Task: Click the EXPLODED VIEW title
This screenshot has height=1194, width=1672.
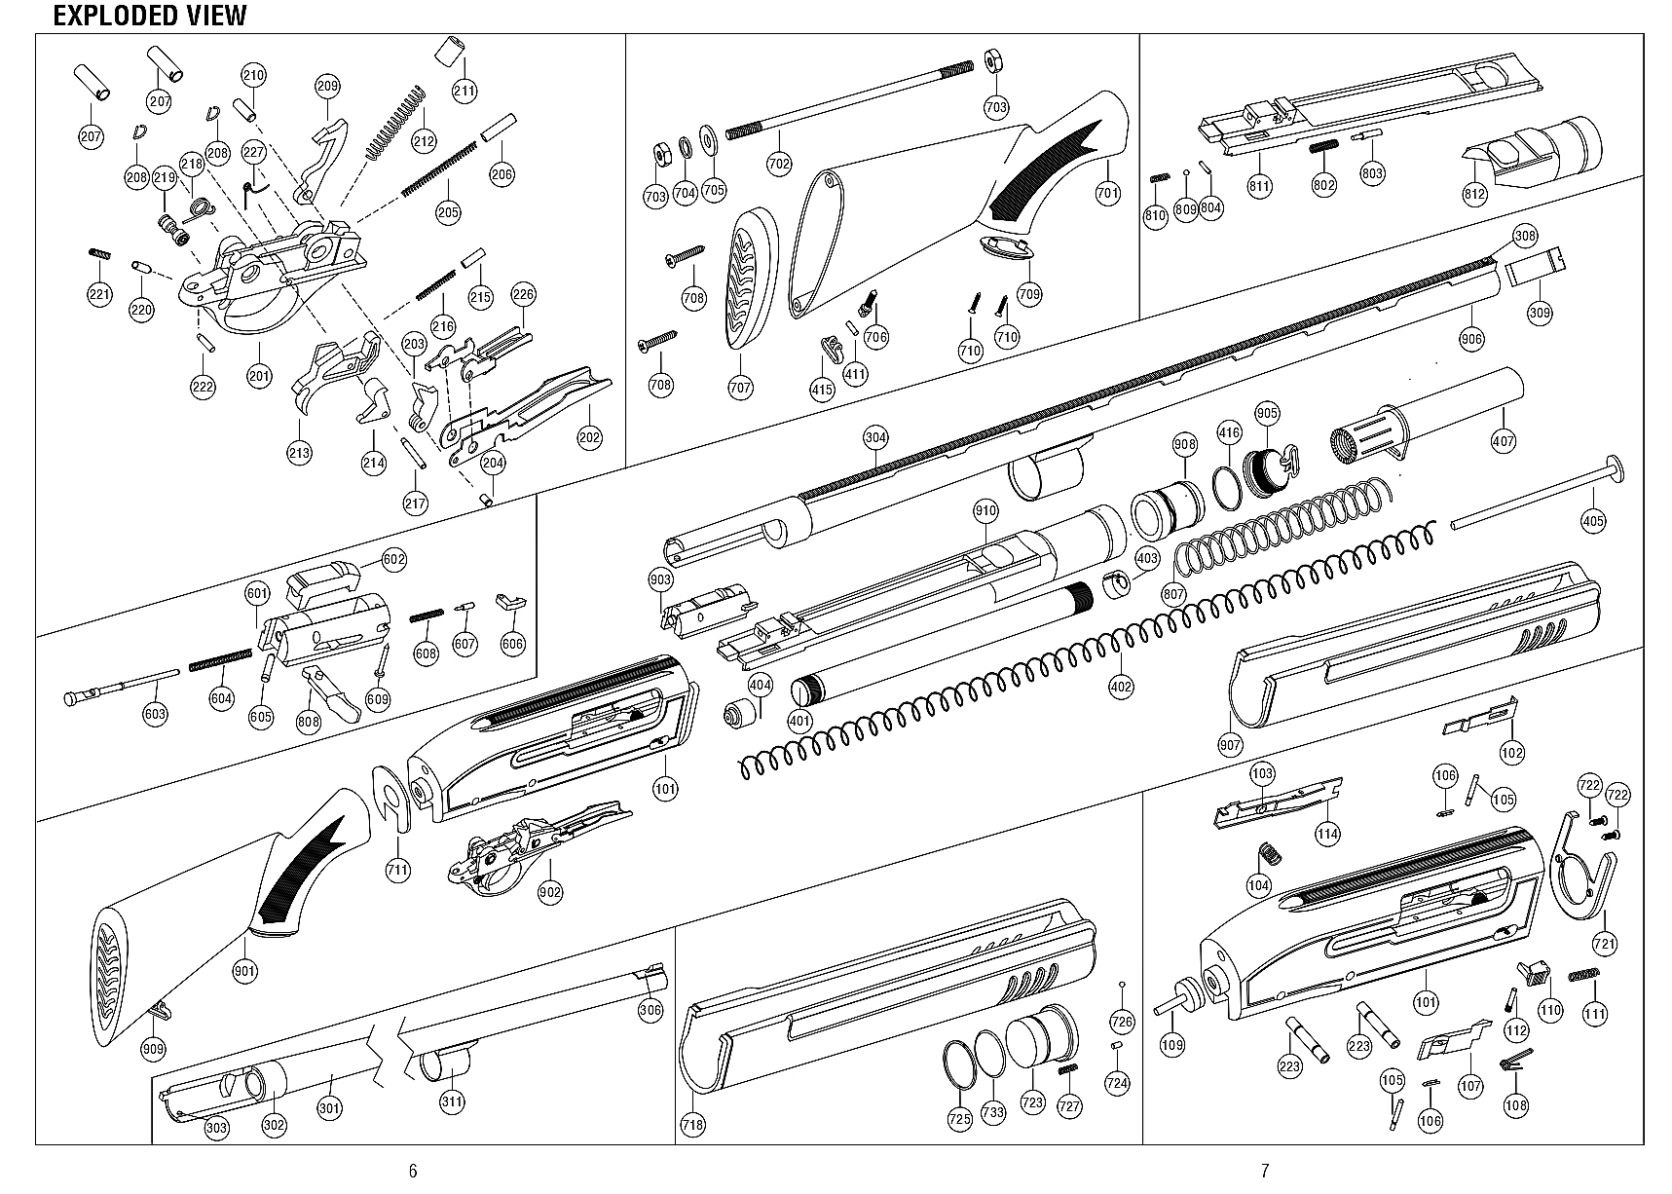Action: tap(149, 16)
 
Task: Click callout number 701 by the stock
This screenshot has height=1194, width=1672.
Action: tap(1108, 193)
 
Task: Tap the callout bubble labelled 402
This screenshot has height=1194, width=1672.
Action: tap(1121, 687)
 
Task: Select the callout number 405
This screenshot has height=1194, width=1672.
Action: tap(1593, 521)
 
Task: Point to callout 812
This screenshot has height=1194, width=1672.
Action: tap(1474, 193)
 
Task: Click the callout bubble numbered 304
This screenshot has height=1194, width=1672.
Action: tap(874, 437)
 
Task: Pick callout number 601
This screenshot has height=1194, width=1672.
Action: tap(257, 594)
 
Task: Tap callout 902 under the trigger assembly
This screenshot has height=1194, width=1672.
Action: tap(550, 891)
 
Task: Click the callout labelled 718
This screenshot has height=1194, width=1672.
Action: tap(692, 1125)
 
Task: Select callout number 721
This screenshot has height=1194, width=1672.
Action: tap(1604, 943)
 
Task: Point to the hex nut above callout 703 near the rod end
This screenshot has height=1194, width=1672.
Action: tap(993, 61)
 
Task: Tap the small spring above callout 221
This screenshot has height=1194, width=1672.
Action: tap(99, 253)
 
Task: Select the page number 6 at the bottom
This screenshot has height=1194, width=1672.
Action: tap(413, 1171)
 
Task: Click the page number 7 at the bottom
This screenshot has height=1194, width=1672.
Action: tap(1265, 1171)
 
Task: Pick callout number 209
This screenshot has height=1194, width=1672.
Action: tap(327, 87)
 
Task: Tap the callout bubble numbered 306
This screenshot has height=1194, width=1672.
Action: tap(650, 1010)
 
